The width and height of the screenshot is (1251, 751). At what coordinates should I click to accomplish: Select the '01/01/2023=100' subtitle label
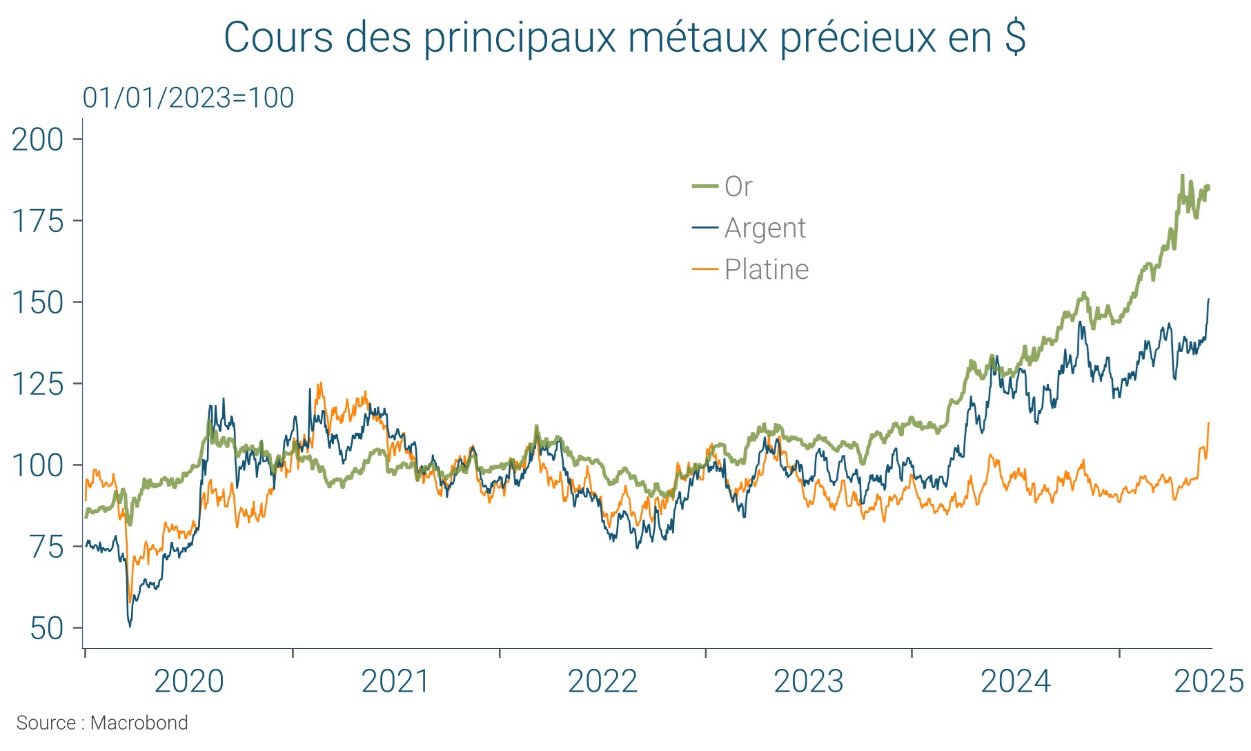tap(188, 98)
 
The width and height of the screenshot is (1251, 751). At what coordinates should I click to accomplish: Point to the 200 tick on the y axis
tap(38, 139)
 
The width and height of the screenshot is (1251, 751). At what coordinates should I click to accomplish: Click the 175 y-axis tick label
tap(38, 221)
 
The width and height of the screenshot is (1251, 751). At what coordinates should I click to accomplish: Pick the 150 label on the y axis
tap(38, 302)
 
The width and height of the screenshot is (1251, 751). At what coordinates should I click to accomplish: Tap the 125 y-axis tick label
tap(38, 384)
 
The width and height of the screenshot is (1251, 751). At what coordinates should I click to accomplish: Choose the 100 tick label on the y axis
tap(38, 465)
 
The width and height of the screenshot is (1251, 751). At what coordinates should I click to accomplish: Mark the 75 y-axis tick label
tap(47, 547)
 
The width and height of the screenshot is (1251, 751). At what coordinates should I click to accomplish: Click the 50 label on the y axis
tap(47, 628)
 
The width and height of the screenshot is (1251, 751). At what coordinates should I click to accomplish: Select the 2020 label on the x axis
tap(188, 681)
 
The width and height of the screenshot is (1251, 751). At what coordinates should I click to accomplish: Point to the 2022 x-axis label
tap(602, 681)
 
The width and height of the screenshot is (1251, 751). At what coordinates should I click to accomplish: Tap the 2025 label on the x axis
tap(1208, 681)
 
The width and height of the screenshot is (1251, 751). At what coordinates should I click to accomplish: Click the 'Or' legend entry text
tap(738, 186)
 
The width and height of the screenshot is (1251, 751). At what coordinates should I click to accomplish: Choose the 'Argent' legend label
tap(765, 228)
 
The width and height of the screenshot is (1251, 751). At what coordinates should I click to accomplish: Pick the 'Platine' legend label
tap(766, 269)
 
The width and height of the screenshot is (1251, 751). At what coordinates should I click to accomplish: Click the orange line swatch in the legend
tap(705, 269)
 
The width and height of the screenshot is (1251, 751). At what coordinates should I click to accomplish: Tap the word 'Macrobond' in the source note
tap(139, 723)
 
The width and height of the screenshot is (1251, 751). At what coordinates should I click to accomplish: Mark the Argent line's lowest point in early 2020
tap(130, 625)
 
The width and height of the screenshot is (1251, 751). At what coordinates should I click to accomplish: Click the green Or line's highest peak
tap(1182, 176)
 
